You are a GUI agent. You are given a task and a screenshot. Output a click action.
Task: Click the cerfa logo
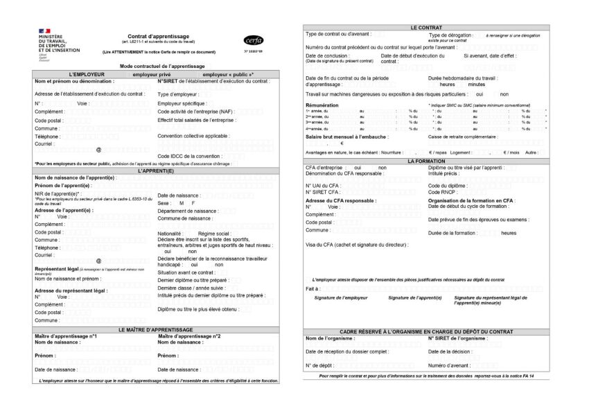tap(254, 40)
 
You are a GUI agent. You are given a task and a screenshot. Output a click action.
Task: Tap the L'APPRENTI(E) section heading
tap(159, 170)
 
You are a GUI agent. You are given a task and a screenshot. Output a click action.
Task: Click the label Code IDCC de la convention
tap(191, 156)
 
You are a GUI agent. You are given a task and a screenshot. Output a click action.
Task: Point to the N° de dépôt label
tap(319, 365)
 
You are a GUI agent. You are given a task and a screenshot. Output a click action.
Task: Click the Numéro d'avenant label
tap(451, 365)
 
